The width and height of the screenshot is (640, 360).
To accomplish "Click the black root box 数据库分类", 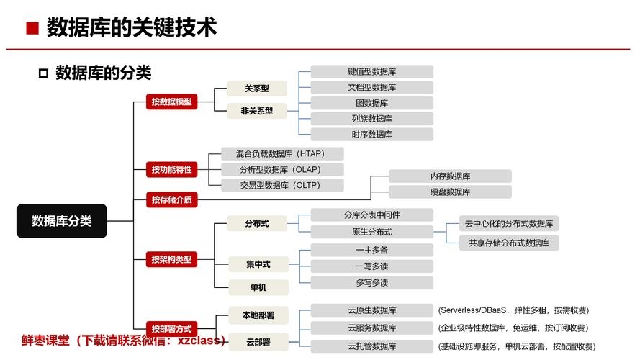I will [62, 221].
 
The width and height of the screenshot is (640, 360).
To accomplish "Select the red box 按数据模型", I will [171, 102].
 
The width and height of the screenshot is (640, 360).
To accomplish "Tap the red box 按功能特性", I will [171, 170].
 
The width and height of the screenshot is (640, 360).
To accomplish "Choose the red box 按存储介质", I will [171, 199].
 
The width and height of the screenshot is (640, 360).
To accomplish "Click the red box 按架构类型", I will [171, 259].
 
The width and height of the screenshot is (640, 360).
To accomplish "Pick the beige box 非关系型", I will [257, 110].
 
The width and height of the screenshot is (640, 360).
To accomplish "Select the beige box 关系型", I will [257, 89].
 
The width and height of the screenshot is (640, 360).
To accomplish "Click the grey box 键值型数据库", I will [371, 72].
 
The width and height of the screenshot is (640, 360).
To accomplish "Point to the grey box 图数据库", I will [371, 103].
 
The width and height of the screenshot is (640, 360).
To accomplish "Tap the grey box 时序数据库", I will [371, 134].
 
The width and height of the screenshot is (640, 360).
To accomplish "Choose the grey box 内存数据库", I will [450, 176].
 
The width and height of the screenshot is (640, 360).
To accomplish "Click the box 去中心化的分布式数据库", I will [508, 224].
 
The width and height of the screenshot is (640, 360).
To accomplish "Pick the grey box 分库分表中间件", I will [371, 215].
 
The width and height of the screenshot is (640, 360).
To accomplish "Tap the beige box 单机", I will [257, 287].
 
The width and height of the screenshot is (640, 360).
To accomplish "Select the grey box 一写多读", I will [371, 266].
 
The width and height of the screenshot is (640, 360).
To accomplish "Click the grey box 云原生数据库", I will [371, 310].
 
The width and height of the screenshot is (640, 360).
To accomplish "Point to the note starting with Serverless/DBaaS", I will [513, 310].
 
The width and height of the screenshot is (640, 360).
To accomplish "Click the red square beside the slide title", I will [31, 30].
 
